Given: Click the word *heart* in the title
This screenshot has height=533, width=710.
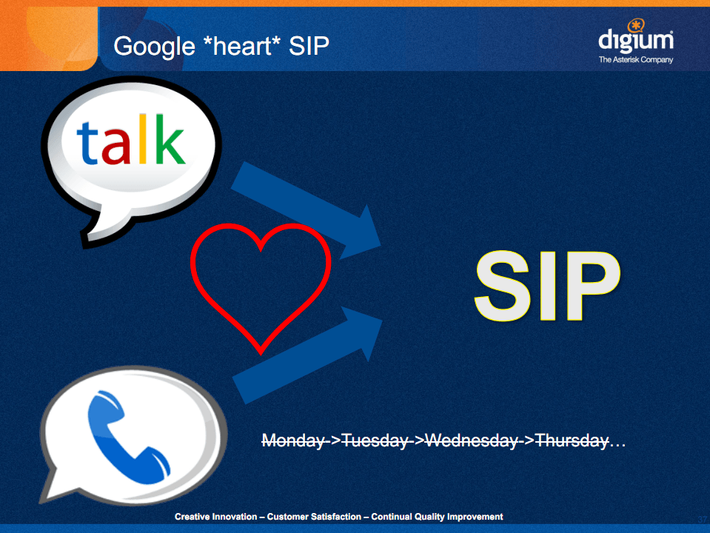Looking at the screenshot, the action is click(242, 46).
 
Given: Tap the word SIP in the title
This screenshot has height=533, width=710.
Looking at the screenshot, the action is click(309, 46).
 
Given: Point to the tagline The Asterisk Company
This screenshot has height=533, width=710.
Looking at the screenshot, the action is click(636, 59).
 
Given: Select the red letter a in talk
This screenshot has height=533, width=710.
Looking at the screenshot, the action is click(116, 147).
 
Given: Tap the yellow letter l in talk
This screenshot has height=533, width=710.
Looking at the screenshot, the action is click(143, 138).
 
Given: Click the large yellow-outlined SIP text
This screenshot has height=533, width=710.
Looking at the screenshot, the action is click(547, 286).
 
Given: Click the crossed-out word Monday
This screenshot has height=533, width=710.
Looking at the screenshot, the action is click(293, 440).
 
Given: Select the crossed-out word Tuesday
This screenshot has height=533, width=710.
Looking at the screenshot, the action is click(374, 440).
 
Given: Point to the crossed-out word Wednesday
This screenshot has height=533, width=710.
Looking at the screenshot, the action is click(472, 440).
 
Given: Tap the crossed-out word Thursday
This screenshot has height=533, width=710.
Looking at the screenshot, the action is click(572, 440).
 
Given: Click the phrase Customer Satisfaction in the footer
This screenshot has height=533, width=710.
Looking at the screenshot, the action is click(314, 517).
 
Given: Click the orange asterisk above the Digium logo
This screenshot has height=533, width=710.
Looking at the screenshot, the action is click(636, 25).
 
